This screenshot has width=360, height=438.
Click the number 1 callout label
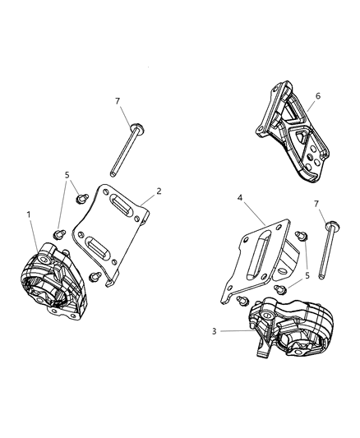29,215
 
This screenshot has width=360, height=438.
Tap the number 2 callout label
159,190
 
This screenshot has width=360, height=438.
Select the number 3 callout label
215,331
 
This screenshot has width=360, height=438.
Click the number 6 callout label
318,96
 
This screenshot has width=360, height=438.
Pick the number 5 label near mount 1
67,175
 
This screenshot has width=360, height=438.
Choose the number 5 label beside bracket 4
308,276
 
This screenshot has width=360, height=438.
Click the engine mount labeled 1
50,279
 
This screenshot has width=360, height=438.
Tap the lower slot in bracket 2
102,247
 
